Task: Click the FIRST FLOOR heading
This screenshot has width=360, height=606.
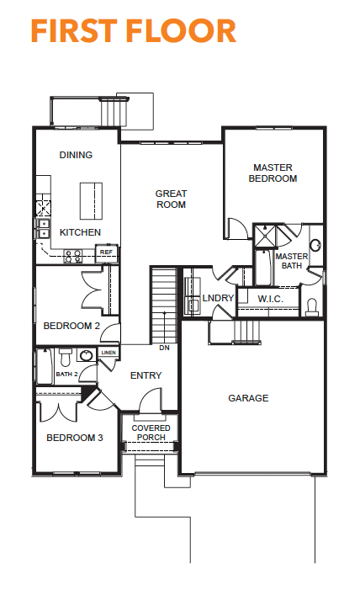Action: pos(133,31)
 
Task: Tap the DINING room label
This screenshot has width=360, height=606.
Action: pos(76,155)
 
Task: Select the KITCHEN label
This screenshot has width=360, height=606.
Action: pos(80,232)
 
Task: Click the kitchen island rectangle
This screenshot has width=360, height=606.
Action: pos(91,201)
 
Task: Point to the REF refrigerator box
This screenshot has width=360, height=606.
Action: pos(106,252)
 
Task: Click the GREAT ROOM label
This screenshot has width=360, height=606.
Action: pos(171,199)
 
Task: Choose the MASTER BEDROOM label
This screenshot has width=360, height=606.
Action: pos(273,173)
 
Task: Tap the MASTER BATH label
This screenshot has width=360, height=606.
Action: pos(292,261)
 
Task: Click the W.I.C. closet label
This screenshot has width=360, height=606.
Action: pos(270,299)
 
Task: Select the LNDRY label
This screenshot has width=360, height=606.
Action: pos(218,298)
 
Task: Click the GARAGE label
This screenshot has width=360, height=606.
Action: pos(248,398)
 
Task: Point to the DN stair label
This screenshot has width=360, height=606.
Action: pos(164,348)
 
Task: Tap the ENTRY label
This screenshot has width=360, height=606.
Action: pos(146,375)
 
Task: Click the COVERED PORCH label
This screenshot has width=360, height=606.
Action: pos(151,433)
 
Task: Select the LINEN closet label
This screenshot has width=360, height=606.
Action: pos(109,353)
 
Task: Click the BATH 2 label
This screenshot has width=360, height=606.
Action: pos(66,374)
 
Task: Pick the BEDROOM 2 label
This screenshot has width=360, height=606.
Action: pos(71,326)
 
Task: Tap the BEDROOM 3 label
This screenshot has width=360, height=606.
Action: pos(75,438)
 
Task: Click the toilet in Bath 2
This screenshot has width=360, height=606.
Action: pos(66,358)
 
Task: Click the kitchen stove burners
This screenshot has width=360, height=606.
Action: pos(73,257)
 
